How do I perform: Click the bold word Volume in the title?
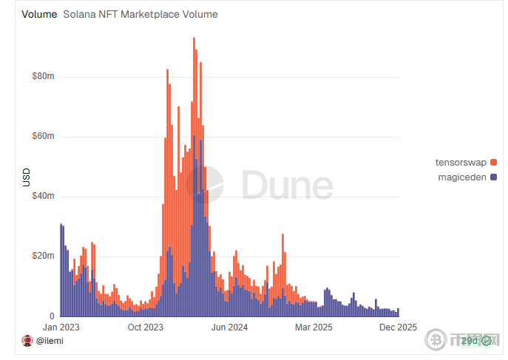(39, 14)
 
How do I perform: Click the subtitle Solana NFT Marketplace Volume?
(140, 14)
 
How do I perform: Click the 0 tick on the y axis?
(51, 316)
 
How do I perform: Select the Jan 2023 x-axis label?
(61, 327)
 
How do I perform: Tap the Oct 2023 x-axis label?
(145, 327)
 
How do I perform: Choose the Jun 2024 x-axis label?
(228, 327)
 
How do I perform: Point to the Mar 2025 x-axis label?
(314, 327)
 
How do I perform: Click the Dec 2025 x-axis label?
(399, 327)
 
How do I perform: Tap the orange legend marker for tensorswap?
(493, 162)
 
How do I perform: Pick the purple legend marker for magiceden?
(493, 177)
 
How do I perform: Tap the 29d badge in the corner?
(469, 341)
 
